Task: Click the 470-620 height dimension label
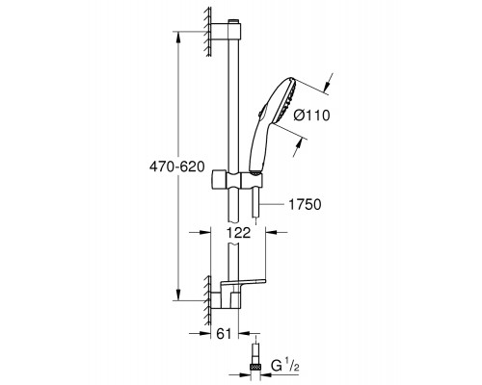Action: (176, 167)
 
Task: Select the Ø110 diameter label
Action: (311, 115)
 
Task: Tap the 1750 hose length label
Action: (305, 204)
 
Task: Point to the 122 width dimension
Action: (238, 232)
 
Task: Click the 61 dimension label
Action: (224, 334)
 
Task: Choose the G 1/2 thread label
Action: (285, 365)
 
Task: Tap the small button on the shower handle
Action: (259, 113)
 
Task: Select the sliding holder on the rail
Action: (237, 182)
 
